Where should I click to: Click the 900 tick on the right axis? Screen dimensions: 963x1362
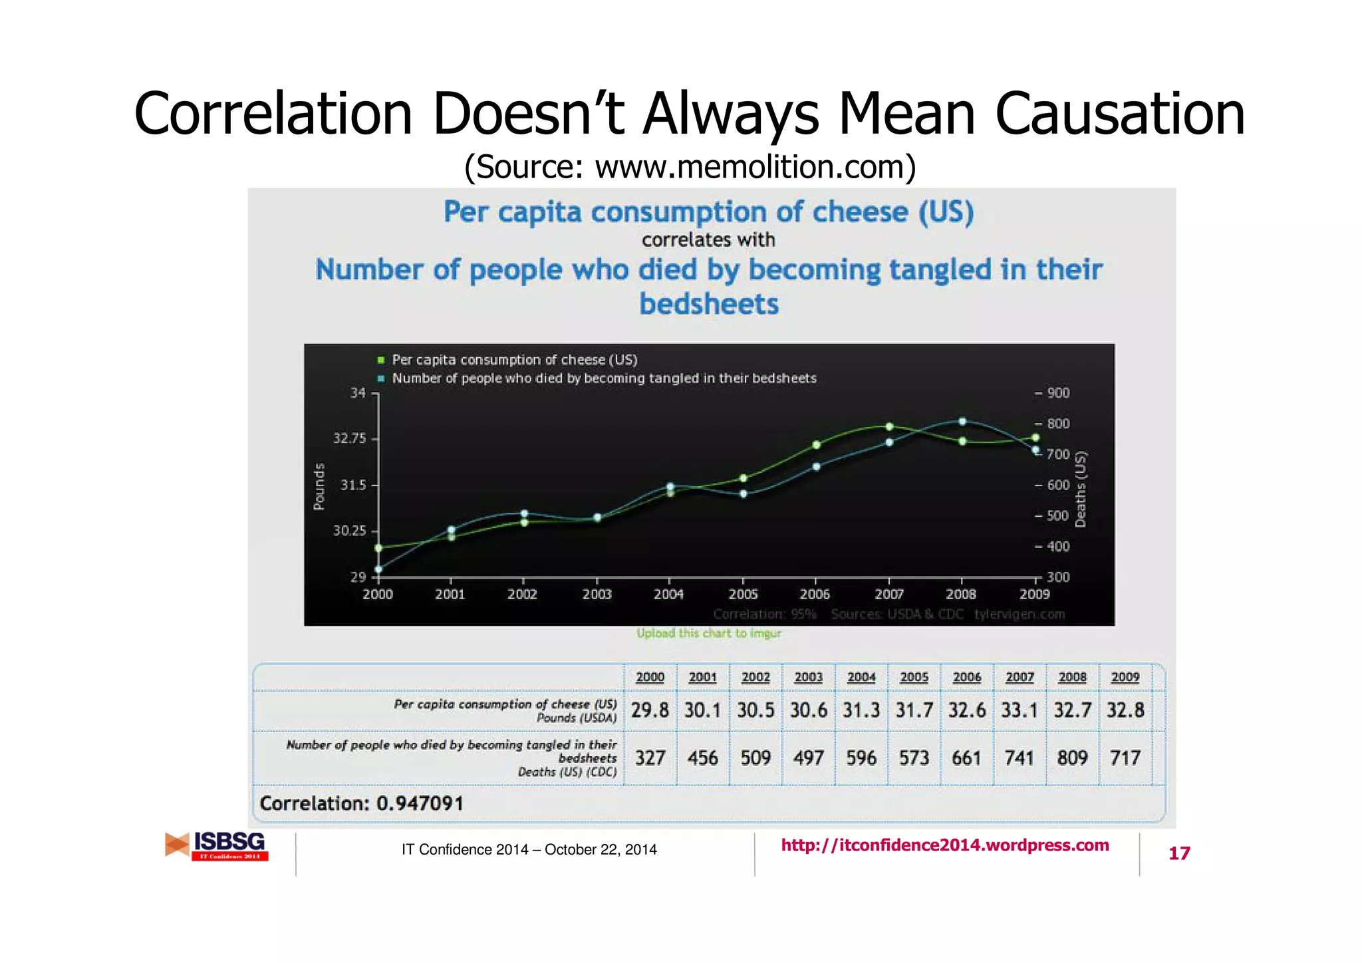click(1057, 393)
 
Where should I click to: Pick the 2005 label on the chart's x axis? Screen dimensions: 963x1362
click(743, 594)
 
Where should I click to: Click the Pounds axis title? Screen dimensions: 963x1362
click(319, 486)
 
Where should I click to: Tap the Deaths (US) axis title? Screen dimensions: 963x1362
click(1080, 489)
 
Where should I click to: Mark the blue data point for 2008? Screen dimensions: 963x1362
click(962, 422)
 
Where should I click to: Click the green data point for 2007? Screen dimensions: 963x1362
click(889, 427)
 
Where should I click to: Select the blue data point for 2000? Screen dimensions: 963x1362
click(378, 569)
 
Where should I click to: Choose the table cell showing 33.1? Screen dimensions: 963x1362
click(1020, 710)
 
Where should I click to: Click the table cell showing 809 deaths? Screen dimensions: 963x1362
click(1072, 758)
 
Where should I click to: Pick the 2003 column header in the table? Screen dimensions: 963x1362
click(808, 677)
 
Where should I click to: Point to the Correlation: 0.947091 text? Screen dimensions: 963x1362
click(362, 803)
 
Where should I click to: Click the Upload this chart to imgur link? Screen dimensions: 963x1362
click(709, 633)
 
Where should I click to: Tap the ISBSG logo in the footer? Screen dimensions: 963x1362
click(217, 846)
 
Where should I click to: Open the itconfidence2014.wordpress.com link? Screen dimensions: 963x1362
click(945, 845)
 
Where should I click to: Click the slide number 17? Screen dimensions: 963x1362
click(1179, 853)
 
